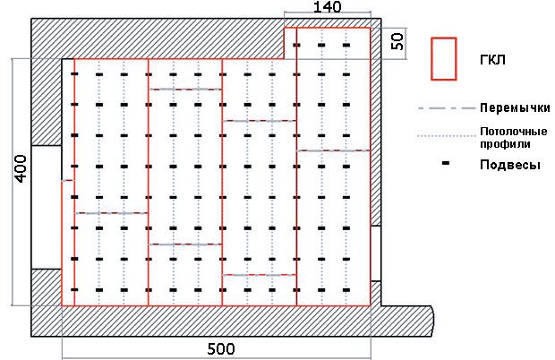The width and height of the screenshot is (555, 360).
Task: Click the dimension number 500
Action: [x=220, y=349]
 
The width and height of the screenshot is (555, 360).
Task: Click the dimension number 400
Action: [x=21, y=168]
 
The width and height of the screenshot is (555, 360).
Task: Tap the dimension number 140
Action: [x=328, y=7]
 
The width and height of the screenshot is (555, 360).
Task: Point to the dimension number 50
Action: [x=397, y=41]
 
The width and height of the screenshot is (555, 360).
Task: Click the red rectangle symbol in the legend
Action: [x=443, y=59]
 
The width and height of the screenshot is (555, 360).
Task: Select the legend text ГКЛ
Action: [x=492, y=60]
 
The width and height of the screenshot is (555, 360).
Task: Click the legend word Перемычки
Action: [x=515, y=107]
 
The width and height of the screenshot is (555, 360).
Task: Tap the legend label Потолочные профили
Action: [x=514, y=138]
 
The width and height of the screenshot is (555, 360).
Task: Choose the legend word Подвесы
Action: [x=510, y=165]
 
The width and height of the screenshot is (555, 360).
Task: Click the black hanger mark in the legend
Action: [x=446, y=163]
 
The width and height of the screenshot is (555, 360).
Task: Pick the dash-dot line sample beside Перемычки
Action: [x=446, y=108]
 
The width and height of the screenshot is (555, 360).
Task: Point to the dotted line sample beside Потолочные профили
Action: [x=447, y=135]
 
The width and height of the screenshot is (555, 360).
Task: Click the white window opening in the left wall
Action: [x=47, y=207]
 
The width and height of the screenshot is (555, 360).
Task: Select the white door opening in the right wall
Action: [x=376, y=253]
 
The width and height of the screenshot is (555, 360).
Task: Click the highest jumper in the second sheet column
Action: [x=185, y=90]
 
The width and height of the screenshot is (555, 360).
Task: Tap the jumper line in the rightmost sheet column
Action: [x=333, y=150]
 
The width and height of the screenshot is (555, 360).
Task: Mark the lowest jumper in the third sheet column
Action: [x=259, y=275]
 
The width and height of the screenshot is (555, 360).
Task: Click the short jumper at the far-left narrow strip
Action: [x=68, y=181]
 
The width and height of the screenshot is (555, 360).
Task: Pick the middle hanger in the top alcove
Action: [x=321, y=45]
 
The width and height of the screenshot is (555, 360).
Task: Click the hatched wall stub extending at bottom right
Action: [x=407, y=321]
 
